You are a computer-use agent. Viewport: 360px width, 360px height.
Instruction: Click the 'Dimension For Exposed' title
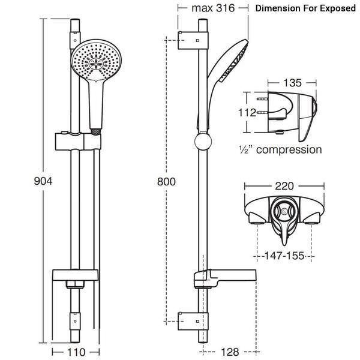pos(305,9)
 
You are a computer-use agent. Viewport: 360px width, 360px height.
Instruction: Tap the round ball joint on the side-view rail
pos(203,143)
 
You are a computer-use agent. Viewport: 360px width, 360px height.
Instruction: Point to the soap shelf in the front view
pos(77,277)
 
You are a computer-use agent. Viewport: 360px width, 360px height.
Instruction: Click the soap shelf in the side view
pos(225,278)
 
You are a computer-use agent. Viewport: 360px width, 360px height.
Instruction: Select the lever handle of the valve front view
pos(281,227)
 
